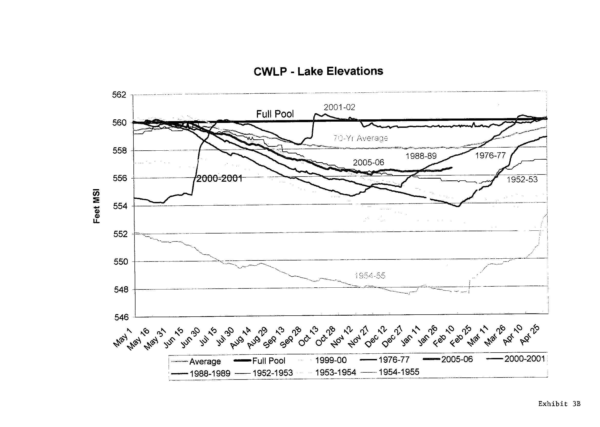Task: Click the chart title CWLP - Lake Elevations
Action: point(318,71)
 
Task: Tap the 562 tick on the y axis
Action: point(119,95)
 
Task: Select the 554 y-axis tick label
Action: point(120,206)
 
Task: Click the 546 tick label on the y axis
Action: point(121,317)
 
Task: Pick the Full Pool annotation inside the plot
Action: point(275,114)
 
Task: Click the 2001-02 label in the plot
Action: point(339,107)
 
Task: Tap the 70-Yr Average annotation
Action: point(361,138)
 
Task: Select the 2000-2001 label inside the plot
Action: point(219,179)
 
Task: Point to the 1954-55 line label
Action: point(370,276)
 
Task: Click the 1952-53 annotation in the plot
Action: point(522,180)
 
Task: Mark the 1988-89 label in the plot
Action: point(421,156)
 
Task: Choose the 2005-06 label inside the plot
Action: point(368,162)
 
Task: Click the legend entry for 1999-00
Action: point(331,360)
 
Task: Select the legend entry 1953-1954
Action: point(335,373)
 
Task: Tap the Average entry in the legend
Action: point(205,362)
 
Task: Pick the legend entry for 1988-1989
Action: point(210,374)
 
